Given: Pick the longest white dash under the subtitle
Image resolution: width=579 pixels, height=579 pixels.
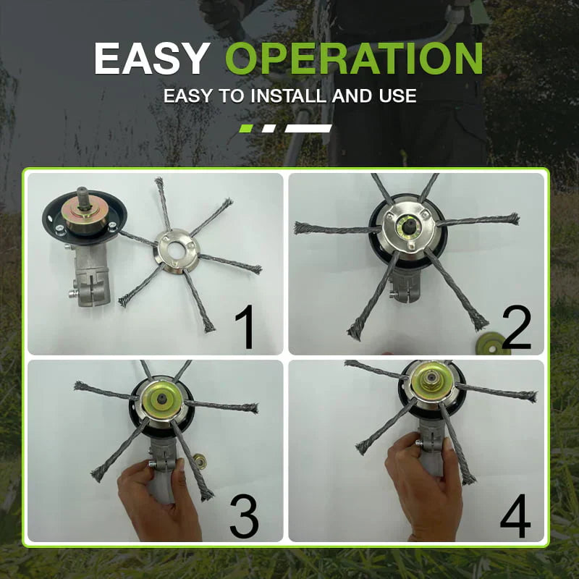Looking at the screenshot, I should pos(309,128).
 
